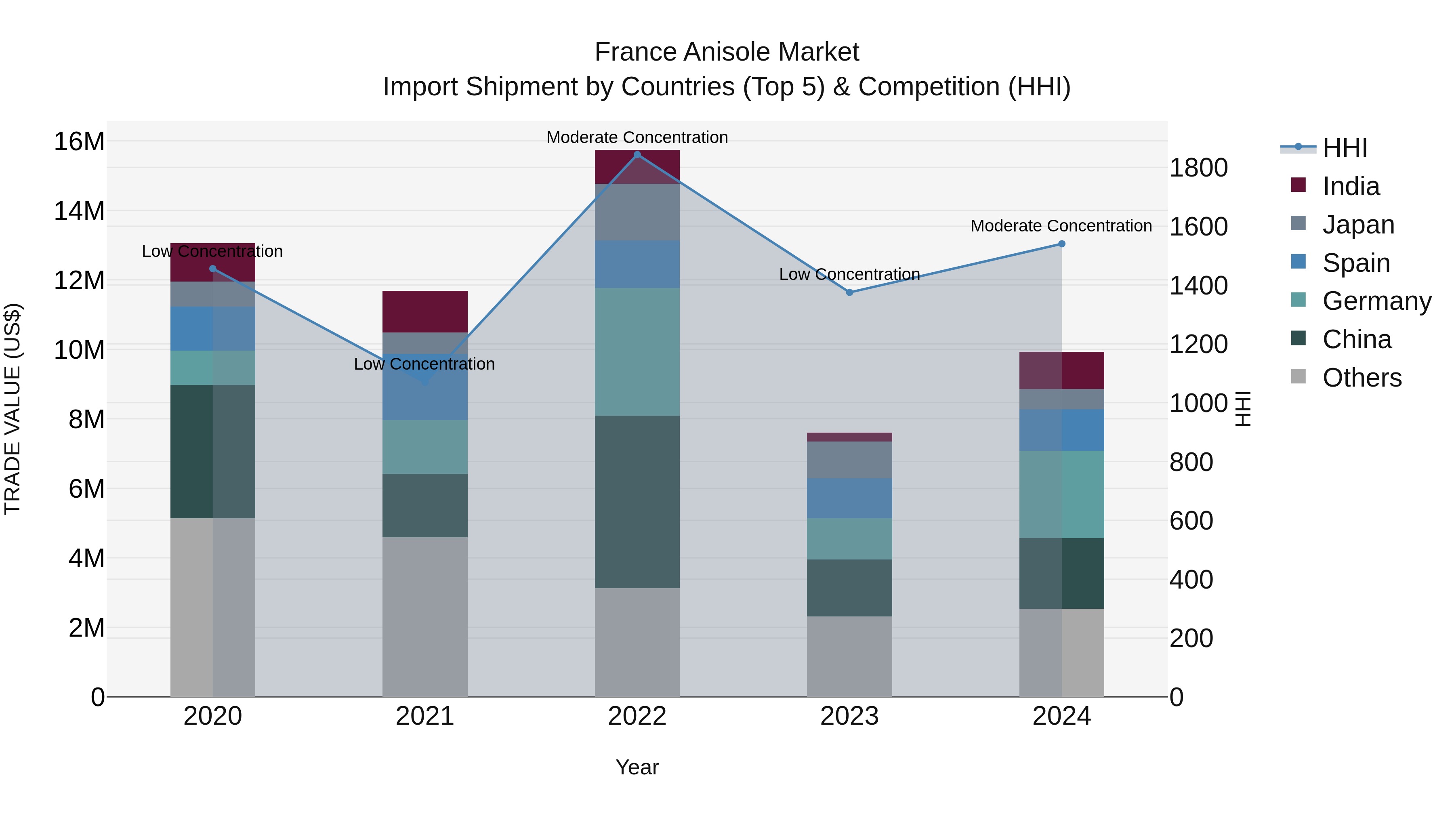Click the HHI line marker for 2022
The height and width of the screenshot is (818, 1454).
[x=637, y=154]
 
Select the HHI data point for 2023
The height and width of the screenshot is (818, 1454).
[x=849, y=292]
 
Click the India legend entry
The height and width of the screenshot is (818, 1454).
[x=1351, y=186]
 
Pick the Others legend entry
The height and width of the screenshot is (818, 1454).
[x=1362, y=378]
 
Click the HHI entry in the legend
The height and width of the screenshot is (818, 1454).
[x=1345, y=148]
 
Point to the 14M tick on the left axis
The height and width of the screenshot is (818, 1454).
[x=79, y=211]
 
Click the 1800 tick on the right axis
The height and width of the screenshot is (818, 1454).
[x=1198, y=168]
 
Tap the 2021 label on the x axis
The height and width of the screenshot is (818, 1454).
[x=425, y=716]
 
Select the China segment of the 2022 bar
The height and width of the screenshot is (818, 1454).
[x=637, y=502]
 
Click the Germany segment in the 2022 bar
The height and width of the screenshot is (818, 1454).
[x=637, y=352]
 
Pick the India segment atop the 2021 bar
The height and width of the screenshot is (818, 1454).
[x=425, y=311]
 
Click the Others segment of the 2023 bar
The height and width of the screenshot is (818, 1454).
[x=849, y=656]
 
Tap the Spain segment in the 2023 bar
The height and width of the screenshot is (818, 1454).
[x=849, y=498]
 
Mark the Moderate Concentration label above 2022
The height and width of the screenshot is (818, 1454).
[x=637, y=137]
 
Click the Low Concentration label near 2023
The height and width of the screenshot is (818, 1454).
[x=849, y=274]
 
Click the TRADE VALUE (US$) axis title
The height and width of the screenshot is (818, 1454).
[x=13, y=409]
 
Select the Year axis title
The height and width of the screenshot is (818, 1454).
[x=637, y=767]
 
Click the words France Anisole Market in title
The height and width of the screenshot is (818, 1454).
[x=727, y=52]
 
